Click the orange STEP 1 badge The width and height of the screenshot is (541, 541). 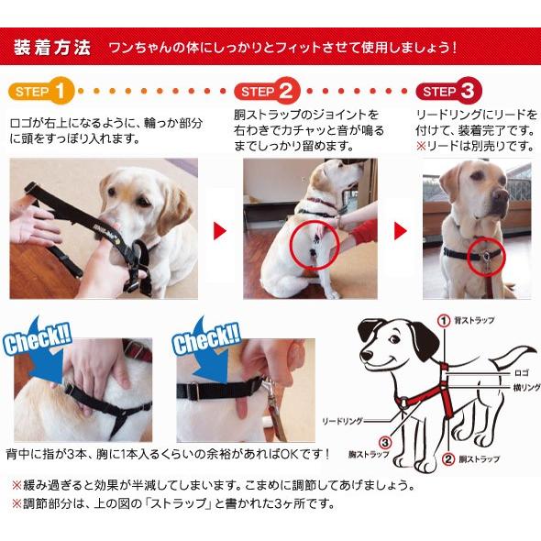pos(41,91)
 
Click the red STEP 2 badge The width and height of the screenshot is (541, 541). pos(267,91)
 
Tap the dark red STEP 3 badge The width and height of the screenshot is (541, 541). pos(448,91)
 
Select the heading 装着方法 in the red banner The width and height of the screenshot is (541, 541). pos(52,48)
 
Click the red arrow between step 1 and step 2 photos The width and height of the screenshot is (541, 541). pos(219,231)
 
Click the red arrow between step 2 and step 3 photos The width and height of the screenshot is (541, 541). pos(400,231)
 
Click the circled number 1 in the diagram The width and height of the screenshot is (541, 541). pos(444,321)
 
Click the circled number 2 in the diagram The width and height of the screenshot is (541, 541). pos(448,459)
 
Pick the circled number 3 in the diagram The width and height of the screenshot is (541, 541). pos(385,443)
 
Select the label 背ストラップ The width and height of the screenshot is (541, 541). pos(474,321)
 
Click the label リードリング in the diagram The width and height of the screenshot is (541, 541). pos(342,421)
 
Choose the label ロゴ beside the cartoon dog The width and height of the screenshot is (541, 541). pos(522,373)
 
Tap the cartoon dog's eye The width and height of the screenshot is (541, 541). pos(394,339)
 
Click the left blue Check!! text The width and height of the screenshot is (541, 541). pos(38,338)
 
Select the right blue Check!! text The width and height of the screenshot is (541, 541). pos(206,338)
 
